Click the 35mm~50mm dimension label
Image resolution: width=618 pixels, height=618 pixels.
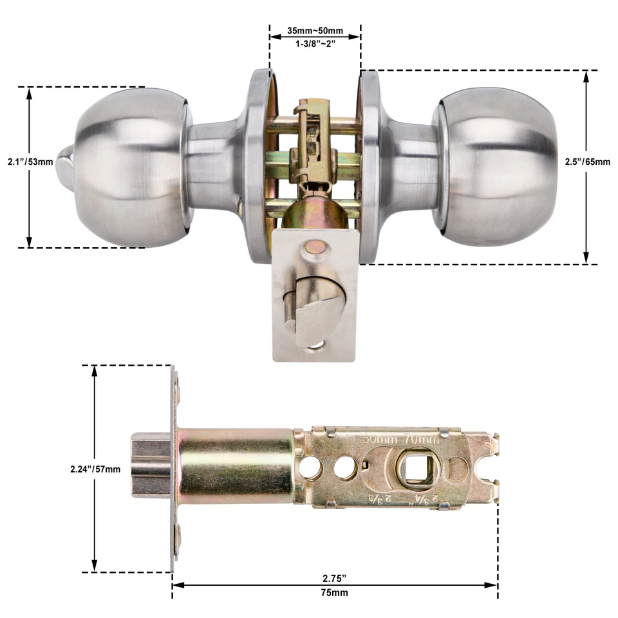[315, 31]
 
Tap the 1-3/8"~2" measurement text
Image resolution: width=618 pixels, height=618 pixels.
[315, 44]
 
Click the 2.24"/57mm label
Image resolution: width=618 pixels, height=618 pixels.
[95, 469]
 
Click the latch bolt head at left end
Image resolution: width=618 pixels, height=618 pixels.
[149, 465]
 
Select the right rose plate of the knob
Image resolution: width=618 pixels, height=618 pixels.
[371, 166]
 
